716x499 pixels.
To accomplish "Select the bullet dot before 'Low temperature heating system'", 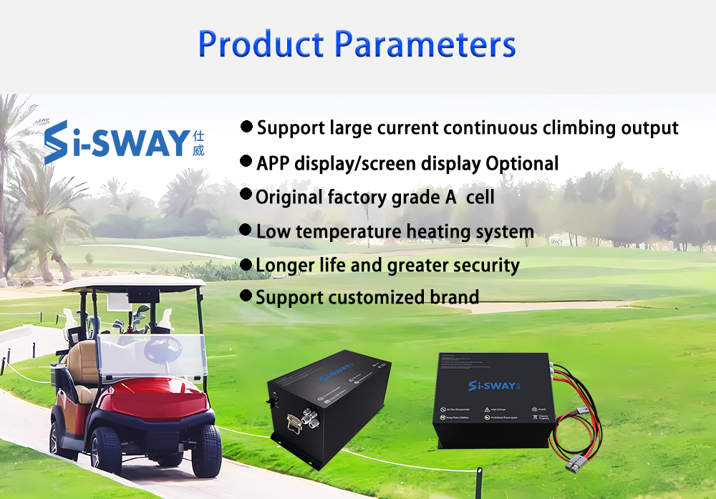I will (x=246, y=231).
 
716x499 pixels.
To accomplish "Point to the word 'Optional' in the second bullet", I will (x=522, y=163).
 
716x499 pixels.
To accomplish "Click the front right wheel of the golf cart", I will (x=206, y=450).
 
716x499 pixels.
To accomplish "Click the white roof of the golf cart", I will (x=132, y=284).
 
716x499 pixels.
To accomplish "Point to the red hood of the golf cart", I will (x=154, y=402).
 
